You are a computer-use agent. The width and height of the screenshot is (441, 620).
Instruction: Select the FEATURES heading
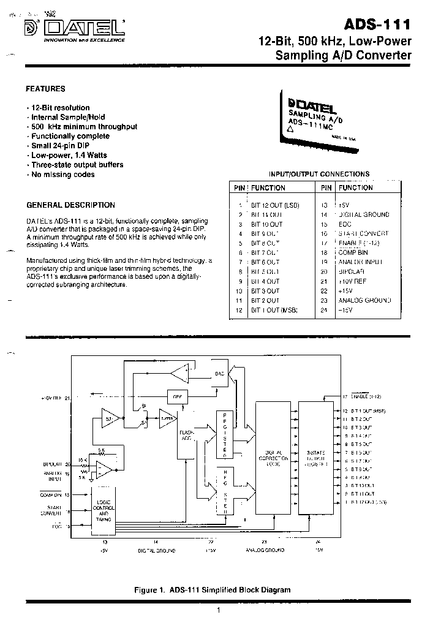tap(46, 88)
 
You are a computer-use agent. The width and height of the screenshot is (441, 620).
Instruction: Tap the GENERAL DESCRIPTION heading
tap(71, 205)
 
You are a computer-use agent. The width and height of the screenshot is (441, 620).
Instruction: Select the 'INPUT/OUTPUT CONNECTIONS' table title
tap(319, 174)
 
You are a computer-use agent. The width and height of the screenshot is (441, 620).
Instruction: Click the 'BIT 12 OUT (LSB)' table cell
tap(275, 205)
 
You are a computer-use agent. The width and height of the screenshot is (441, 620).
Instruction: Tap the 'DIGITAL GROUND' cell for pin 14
tap(364, 214)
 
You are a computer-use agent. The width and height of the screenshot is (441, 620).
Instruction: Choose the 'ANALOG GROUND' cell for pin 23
tap(364, 301)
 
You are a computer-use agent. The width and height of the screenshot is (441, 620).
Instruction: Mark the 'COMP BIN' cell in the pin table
tap(353, 253)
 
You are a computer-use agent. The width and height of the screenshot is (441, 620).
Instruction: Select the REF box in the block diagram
tap(178, 396)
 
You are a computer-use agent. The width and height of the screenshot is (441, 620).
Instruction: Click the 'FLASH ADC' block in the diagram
tap(186, 437)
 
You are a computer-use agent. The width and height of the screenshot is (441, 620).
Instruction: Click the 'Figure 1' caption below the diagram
tap(212, 590)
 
